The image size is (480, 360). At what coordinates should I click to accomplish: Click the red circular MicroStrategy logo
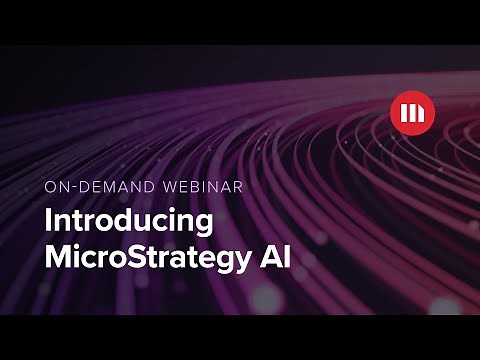411,112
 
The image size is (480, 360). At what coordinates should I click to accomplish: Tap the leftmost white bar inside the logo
403,112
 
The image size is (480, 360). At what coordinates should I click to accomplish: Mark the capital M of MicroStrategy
60,256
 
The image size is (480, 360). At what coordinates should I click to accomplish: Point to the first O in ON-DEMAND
51,186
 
